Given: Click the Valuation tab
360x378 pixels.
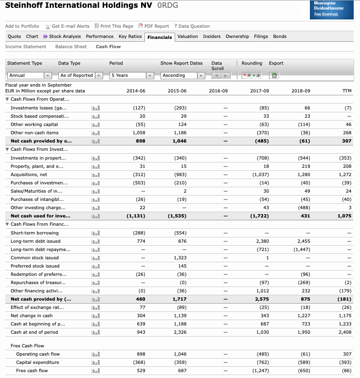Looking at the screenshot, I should [x=187, y=36].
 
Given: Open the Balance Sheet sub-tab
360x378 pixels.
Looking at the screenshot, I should [x=71, y=47].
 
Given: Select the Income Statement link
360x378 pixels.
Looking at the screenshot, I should [x=26, y=47].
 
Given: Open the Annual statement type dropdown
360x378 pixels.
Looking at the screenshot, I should [x=29, y=75].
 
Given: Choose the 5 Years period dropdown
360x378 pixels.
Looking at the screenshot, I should [x=131, y=75].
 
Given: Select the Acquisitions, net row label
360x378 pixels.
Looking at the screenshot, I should [x=29, y=174].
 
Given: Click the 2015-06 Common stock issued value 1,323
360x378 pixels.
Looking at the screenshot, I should [x=180, y=258].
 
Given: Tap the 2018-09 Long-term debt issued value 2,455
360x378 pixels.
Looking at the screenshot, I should [x=303, y=241].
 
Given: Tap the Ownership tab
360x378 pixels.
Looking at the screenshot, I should [x=237, y=36].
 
